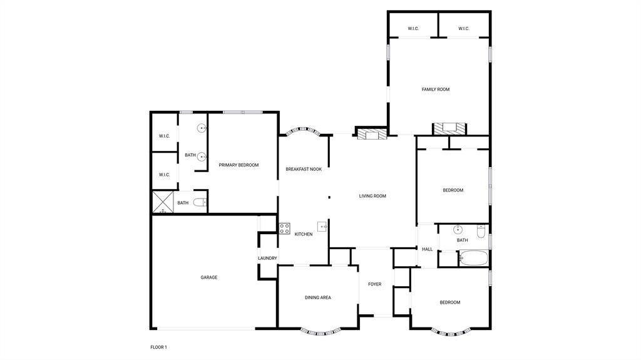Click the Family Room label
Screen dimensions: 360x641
pos(435,90)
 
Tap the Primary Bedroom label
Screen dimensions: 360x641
pos(238,165)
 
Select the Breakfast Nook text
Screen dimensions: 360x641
pos(304,169)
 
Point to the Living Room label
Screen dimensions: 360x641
pos(372,196)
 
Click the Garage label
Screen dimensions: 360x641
pos(209,277)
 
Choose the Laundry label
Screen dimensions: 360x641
pos(267,259)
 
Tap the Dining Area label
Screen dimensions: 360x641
pos(317,297)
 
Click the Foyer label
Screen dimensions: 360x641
pos(374,284)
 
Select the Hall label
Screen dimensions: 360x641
pos(428,249)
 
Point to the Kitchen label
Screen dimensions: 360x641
pos(304,234)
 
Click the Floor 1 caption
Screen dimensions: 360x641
pos(158,347)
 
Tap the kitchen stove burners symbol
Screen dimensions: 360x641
pos(284,228)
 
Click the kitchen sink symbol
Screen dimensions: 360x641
pos(322,227)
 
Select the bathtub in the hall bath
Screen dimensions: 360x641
pos(474,257)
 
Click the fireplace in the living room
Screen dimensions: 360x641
pos(372,133)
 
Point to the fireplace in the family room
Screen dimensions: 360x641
pos(449,128)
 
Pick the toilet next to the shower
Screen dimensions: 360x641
pos(200,202)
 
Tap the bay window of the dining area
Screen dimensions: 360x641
pos(321,331)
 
